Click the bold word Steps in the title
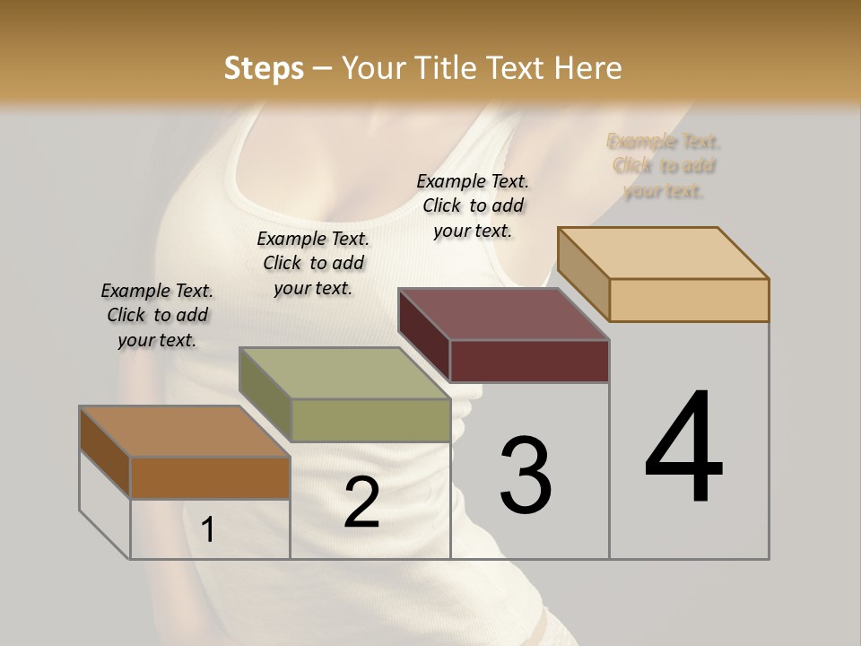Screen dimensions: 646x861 pos(264,68)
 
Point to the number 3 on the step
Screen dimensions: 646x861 pos(525,476)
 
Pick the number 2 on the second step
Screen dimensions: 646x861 pos(361,502)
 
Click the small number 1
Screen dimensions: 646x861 pos(208,530)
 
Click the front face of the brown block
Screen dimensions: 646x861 pos(210,478)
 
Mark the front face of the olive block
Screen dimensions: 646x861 pos(370,420)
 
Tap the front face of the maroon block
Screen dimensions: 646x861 pos(529,362)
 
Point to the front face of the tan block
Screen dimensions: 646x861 pos(689,300)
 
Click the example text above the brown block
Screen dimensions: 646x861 pos(157,315)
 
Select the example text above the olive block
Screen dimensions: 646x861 pos(313,263)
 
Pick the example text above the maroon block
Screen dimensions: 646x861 pos(473,205)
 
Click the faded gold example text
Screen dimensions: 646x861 pos(664,165)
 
